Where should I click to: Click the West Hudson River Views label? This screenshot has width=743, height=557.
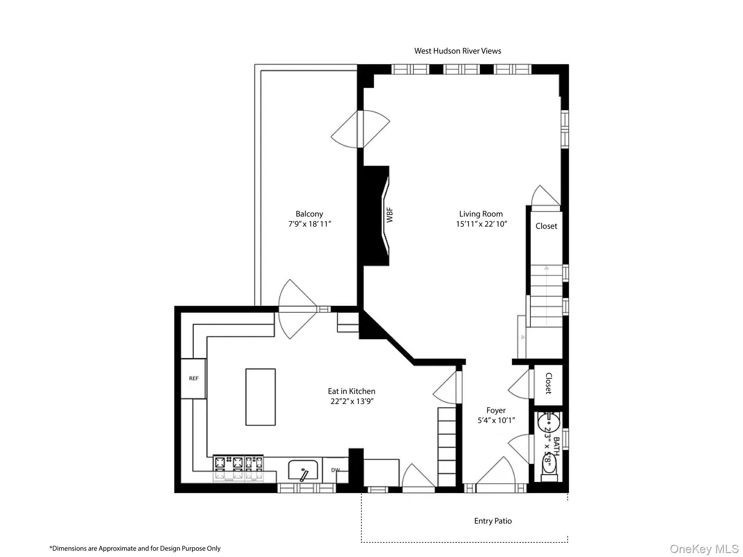(457, 51)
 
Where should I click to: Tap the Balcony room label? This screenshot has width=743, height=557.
(309, 214)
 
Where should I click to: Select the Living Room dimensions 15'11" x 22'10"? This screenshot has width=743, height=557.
(481, 224)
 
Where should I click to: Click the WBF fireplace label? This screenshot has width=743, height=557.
(390, 215)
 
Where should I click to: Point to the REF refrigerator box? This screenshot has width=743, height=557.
(194, 378)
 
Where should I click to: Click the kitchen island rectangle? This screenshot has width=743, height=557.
(260, 397)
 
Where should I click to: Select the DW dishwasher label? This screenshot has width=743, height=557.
(336, 470)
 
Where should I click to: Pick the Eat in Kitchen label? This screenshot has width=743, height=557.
(351, 391)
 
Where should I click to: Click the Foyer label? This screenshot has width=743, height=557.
(496, 410)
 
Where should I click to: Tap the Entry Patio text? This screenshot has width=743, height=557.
(493, 521)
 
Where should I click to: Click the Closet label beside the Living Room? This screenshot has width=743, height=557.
(546, 226)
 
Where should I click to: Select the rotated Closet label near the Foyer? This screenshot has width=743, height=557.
(548, 384)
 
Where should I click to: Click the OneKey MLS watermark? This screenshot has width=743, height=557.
(704, 549)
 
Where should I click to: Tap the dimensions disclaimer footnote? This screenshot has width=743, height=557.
(135, 548)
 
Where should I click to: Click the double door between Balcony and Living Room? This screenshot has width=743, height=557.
(360, 129)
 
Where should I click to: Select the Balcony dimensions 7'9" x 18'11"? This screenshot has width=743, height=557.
(309, 224)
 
